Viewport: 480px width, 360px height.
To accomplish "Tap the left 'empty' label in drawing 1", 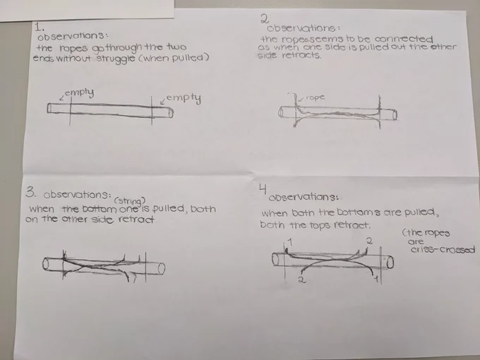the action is [x=79, y=92].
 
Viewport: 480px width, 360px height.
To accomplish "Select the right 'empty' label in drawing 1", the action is [x=184, y=98].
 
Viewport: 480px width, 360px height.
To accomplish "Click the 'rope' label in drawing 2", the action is [x=315, y=98].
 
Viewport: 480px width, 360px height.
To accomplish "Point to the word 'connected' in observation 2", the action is [x=404, y=40].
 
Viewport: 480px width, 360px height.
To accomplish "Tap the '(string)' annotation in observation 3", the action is [x=129, y=201].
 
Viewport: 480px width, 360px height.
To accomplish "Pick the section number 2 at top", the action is [x=265, y=18].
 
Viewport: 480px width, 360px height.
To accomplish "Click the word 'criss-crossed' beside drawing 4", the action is [x=443, y=249].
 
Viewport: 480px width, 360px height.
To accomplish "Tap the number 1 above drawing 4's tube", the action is [x=290, y=242].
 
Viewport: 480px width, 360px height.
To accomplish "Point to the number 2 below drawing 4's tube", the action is [x=302, y=280].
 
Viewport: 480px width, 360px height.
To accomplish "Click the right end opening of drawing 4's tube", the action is [x=390, y=263].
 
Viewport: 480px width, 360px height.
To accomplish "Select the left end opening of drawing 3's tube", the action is [x=46, y=264].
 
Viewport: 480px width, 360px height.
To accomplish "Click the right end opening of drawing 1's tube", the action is [x=171, y=113].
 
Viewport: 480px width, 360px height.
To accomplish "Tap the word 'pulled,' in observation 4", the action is [x=421, y=212].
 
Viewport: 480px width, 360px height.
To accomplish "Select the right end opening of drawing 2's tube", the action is [x=395, y=115].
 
